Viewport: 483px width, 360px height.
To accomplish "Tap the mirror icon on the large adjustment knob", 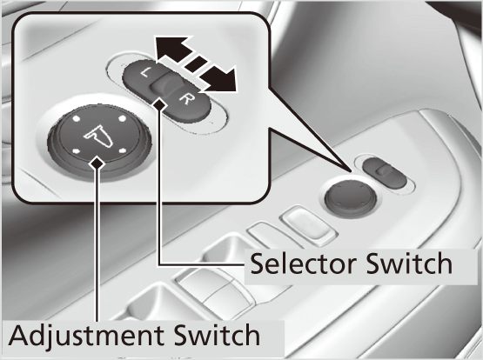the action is [x=98, y=137].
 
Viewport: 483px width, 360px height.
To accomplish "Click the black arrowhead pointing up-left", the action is [x=171, y=49].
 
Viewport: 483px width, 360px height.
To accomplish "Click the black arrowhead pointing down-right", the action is [x=220, y=80].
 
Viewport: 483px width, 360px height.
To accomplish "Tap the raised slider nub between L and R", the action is [x=164, y=85].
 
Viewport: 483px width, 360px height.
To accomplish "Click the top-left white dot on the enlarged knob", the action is [x=76, y=118].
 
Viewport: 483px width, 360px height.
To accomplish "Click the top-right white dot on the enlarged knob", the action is [x=122, y=118].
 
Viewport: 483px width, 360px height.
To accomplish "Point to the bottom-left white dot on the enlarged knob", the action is [x=76, y=150].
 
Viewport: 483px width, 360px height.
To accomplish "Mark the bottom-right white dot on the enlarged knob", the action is [x=123, y=150].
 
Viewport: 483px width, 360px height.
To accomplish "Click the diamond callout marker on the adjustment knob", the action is [x=97, y=163].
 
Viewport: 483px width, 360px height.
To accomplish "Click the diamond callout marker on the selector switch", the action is [x=159, y=105].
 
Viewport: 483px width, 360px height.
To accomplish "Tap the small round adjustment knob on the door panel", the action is [x=351, y=196].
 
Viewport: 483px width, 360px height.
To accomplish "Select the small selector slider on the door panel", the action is [x=385, y=173].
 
